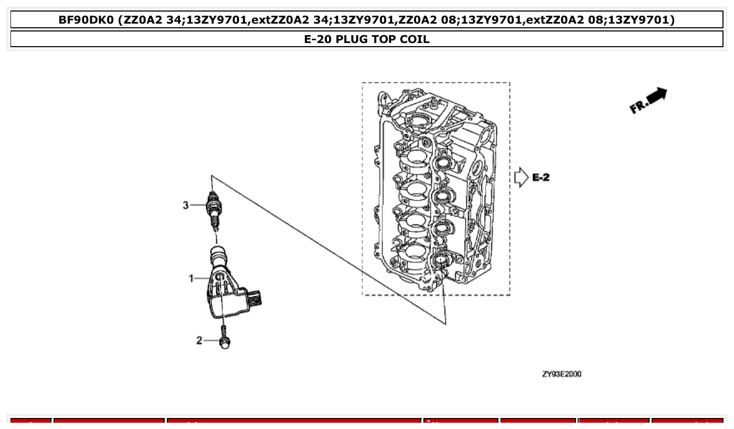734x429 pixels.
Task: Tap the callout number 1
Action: point(192,278)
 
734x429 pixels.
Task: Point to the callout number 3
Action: point(185,205)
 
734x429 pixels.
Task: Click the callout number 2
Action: point(199,341)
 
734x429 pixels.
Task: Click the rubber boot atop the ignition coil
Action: point(217,255)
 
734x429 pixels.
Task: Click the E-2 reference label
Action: point(541,177)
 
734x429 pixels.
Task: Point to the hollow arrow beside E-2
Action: point(522,177)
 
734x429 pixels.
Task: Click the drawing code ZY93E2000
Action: point(561,374)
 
